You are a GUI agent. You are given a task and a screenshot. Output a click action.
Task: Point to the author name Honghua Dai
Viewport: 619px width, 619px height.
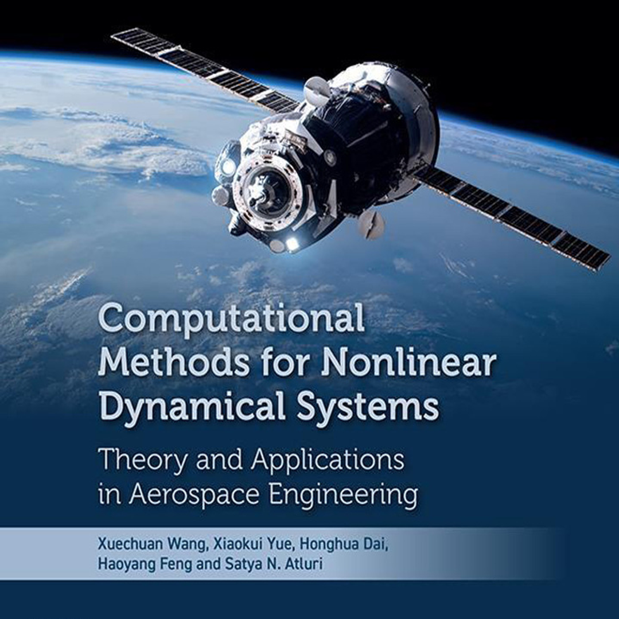tap(344, 544)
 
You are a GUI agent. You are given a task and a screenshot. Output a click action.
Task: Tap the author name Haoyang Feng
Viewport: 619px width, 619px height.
tap(145, 564)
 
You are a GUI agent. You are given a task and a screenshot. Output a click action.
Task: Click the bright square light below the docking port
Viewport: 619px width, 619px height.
tap(292, 244)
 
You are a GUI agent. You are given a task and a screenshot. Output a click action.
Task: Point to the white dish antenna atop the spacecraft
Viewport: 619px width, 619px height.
tap(316, 91)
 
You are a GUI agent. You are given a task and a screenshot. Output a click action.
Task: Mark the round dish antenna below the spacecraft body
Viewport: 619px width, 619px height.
tap(371, 224)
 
